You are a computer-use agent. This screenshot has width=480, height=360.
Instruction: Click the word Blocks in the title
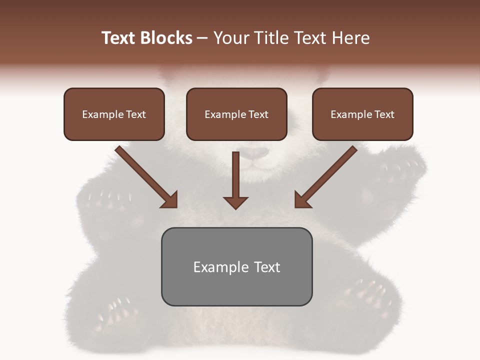(166, 38)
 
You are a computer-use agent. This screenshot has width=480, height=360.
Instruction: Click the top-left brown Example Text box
(114, 114)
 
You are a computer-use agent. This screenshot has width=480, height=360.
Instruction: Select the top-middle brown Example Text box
(236, 114)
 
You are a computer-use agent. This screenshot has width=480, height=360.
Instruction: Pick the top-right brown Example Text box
(362, 114)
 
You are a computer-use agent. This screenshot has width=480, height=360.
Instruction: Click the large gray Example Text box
(236, 266)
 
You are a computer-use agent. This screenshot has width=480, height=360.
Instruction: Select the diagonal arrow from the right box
(327, 175)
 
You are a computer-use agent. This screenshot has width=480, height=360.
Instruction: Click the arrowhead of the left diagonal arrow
(170, 199)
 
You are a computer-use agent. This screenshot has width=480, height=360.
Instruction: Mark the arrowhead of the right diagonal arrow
(302, 199)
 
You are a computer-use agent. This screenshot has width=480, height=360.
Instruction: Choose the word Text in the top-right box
(384, 114)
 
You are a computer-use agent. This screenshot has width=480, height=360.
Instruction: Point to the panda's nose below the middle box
(255, 152)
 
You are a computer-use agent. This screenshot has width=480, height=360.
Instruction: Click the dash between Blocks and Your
(202, 38)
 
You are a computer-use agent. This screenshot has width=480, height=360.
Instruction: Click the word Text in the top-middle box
(258, 114)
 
